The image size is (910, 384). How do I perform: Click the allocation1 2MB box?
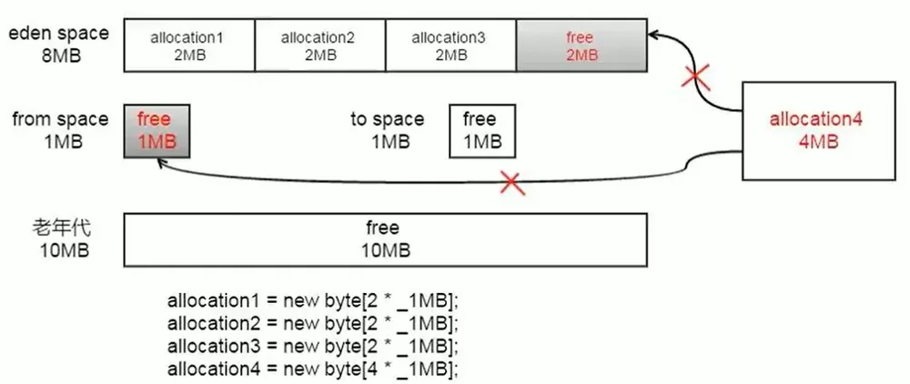pos(189,45)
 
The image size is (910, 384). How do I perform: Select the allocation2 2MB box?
pos(319,45)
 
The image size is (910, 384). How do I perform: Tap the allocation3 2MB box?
pos(450,45)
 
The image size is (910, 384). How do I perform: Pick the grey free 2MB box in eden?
pos(581,45)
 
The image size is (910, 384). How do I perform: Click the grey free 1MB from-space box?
pos(157,130)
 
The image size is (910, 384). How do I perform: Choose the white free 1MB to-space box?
pos(482,130)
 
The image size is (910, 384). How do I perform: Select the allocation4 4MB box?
pos(819,130)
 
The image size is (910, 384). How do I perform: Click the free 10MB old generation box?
pos(385,239)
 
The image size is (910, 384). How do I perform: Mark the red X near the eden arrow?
pos(696,79)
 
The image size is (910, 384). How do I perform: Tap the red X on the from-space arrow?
pos(511,182)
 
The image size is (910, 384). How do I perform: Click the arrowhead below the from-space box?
pos(160,163)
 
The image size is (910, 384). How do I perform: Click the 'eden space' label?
pos(58,33)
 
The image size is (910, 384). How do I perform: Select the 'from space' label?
pos(60,119)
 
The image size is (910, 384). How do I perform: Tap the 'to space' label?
pos(387,119)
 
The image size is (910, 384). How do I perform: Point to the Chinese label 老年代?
pos(62,227)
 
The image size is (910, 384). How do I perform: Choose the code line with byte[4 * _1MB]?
pos(313,368)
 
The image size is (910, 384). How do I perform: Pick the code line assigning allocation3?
pos(313,346)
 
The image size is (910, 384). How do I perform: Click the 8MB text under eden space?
pos(62,56)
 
